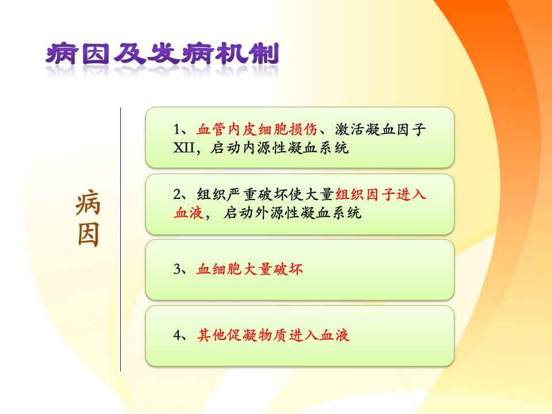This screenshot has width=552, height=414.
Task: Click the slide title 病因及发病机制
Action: click(x=162, y=54)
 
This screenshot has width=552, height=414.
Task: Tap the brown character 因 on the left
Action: click(x=88, y=234)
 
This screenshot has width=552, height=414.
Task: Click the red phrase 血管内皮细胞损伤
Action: click(x=256, y=129)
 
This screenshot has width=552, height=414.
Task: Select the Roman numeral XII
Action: click(x=184, y=148)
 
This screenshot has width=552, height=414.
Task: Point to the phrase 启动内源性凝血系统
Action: click(x=279, y=148)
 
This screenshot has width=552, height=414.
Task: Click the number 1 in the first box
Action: click(x=177, y=129)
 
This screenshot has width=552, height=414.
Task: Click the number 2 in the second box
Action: click(x=177, y=194)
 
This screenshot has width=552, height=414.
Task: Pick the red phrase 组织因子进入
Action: click(x=381, y=194)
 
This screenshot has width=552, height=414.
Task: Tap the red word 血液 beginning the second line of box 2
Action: click(x=189, y=212)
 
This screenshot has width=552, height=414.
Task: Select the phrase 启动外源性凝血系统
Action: click(x=292, y=212)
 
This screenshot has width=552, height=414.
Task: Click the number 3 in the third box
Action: click(x=177, y=269)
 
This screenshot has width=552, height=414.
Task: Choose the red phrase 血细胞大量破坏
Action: click(x=249, y=269)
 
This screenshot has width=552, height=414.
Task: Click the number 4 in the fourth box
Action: click(x=177, y=335)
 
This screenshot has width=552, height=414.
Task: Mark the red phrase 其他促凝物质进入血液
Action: click(x=273, y=335)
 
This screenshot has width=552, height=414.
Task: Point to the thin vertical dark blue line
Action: click(x=120, y=239)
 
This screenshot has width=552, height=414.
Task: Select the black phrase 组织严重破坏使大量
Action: click(x=265, y=194)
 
